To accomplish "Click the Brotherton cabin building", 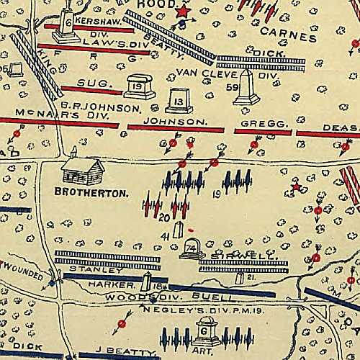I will [83, 171].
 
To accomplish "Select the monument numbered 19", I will [140, 87].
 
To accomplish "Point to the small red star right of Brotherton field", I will [294, 189].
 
